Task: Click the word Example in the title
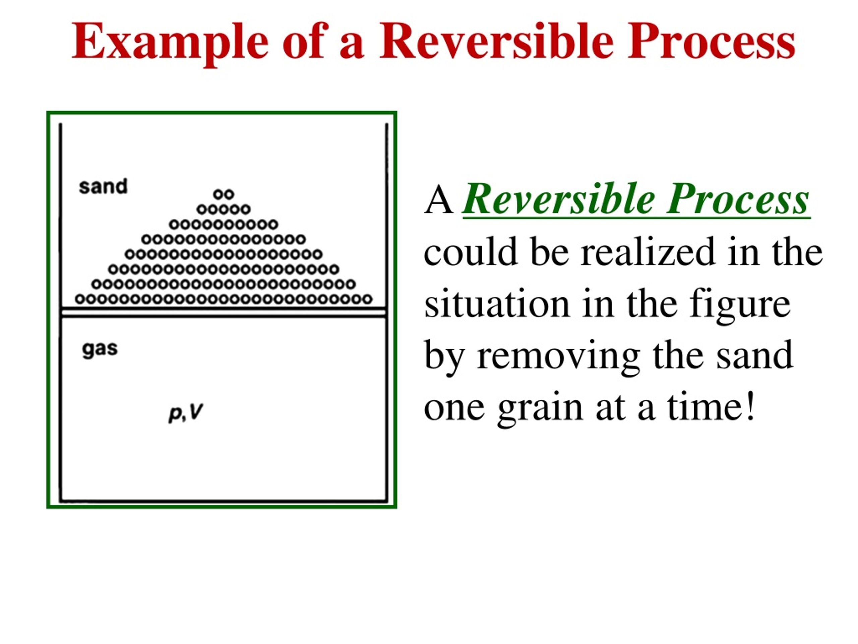tap(170, 42)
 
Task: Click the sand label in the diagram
tap(103, 186)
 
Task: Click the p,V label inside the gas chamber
tap(186, 413)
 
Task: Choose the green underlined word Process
tap(738, 199)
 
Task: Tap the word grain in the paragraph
tap(540, 409)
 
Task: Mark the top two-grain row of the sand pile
tap(224, 194)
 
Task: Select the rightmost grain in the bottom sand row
tap(367, 299)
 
